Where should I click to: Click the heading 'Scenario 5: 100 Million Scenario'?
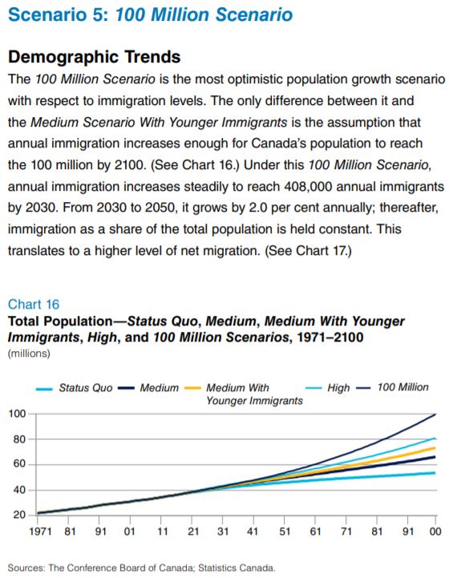pos(150,15)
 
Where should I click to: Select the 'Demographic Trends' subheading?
pos(95,57)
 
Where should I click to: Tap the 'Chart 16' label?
pos(34,305)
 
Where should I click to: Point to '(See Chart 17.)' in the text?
pos(308,251)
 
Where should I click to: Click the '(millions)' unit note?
pos(29,354)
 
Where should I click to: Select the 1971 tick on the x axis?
pos(40,531)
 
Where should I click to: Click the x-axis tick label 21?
pos(193,531)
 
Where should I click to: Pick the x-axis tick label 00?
pos(435,531)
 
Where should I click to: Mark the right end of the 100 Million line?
pos(435,414)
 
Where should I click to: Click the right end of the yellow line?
pos(435,448)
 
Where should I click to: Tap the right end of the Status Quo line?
pos(435,473)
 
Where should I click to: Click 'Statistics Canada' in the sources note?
pos(237,568)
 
